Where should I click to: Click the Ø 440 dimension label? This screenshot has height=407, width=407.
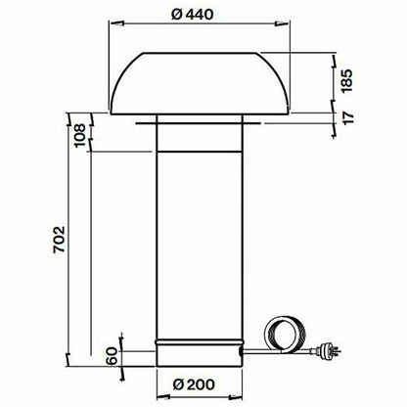tap(193, 15)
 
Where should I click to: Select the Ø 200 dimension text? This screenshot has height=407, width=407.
tap(194, 384)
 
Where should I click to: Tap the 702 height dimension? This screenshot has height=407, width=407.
tap(60, 240)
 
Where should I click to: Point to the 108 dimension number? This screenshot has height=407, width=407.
tap(79, 135)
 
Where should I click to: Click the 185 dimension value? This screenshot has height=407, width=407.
tap(347, 80)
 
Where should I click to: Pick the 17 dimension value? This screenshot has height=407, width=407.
tap(348, 117)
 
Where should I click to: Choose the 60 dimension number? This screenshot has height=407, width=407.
tap(112, 356)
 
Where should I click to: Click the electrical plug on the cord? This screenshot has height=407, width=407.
tap(327, 351)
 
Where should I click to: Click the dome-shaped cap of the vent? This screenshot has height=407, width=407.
tap(200, 83)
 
